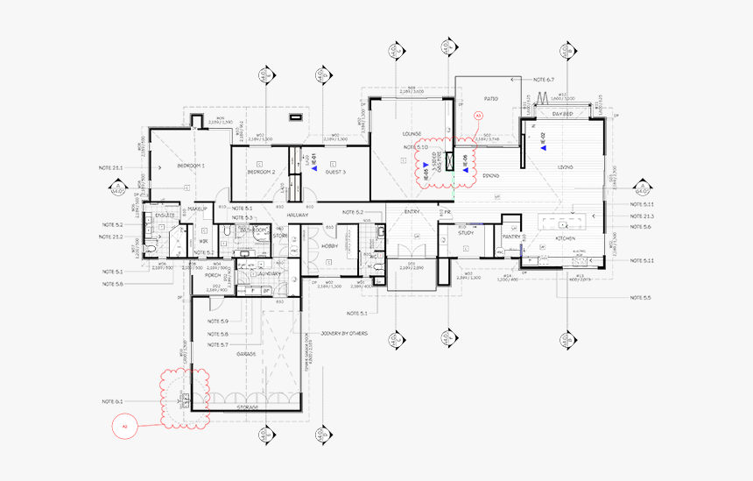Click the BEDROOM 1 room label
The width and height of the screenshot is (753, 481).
[191, 166]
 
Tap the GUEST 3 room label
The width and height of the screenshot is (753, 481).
[336, 173]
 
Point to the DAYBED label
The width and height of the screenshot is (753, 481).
[562, 113]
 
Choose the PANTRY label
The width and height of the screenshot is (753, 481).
[511, 237]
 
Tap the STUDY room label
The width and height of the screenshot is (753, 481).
[466, 232]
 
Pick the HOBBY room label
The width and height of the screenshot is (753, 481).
[330, 246]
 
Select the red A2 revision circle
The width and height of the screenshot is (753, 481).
[125, 426]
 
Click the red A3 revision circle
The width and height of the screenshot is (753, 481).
[478, 116]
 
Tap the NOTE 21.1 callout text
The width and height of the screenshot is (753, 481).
[111, 166]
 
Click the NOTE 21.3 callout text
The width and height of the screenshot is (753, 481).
[642, 216]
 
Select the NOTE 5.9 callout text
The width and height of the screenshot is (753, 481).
[218, 322]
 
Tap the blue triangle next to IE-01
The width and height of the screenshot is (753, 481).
[313, 172]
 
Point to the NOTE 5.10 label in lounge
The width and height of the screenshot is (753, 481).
[415, 148]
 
